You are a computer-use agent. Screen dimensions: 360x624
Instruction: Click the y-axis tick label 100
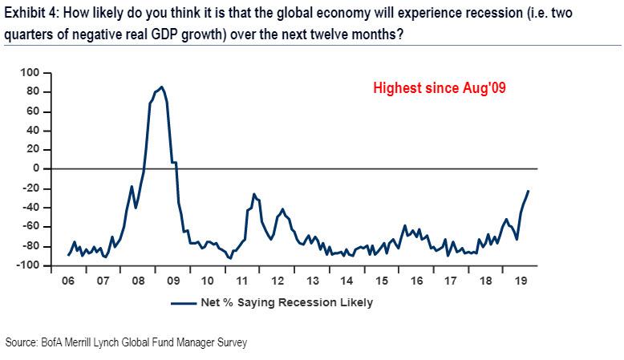coord(30,73)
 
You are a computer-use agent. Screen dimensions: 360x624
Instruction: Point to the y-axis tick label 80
coord(33,92)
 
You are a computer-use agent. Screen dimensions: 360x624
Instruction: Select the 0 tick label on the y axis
coord(36,168)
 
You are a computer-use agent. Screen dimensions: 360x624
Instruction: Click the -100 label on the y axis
coord(28,265)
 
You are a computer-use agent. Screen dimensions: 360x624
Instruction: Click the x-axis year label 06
coord(69,282)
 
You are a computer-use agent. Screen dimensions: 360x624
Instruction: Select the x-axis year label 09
coord(173,282)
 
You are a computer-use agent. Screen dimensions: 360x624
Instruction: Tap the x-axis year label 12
coord(278,282)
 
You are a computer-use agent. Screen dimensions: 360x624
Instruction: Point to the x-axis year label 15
coord(382,282)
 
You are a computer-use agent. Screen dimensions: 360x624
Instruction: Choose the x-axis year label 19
coord(521,282)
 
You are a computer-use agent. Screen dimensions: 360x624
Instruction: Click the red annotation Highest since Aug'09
coord(439,89)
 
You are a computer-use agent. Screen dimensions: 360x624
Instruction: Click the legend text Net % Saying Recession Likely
coord(288,303)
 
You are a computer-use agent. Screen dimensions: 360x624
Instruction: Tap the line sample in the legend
coord(184,303)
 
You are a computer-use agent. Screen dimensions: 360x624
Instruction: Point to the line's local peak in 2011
coord(253,194)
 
